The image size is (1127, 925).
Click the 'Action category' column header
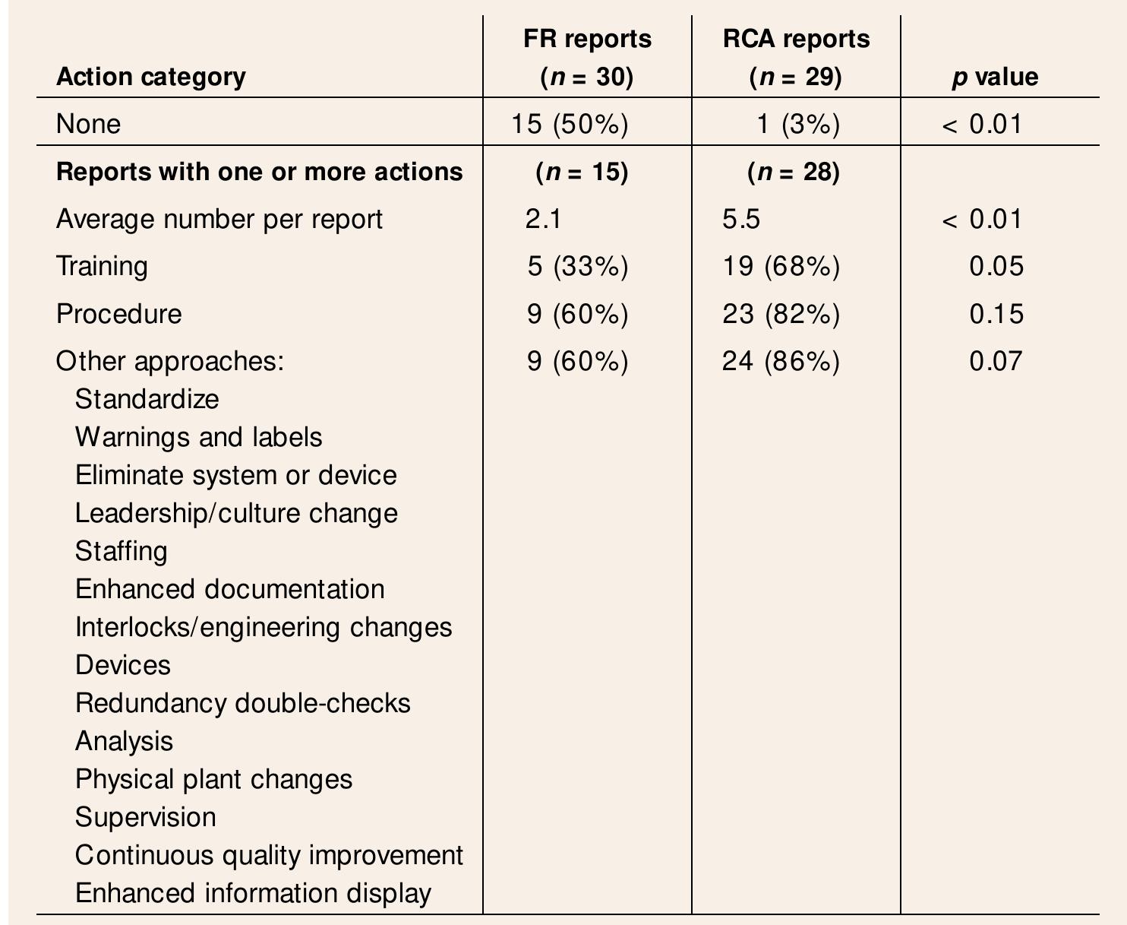[150, 77]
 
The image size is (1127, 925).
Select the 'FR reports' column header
[587, 39]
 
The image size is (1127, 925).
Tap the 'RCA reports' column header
[796, 39]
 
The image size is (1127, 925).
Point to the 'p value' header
[996, 77]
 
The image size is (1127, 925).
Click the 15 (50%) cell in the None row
[570, 124]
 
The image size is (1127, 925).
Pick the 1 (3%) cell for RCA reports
[798, 124]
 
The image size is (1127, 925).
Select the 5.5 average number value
[741, 219]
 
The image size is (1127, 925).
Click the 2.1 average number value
[543, 219]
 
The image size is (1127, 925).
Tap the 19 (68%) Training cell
[781, 266]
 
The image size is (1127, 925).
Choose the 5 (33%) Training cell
[577, 266]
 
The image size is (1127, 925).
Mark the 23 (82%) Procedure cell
[781, 314]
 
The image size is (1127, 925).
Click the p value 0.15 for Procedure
[996, 314]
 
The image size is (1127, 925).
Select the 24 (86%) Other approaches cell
[781, 361]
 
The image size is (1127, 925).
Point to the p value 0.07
[996, 361]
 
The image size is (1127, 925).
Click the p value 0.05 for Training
[996, 266]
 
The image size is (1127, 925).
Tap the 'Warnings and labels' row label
[198, 437]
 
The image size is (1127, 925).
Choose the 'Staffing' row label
[121, 551]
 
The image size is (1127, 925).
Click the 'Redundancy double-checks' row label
[242, 703]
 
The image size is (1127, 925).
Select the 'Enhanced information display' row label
[253, 893]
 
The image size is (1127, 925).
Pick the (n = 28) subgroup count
[794, 173]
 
